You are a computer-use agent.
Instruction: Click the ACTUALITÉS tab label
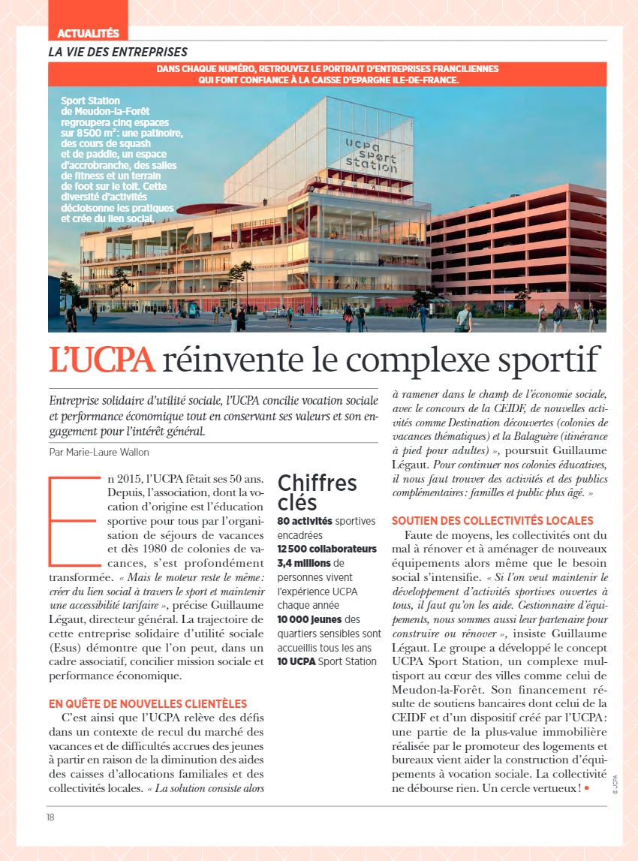[x=89, y=33]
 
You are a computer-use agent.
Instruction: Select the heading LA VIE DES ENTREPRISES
[x=118, y=52]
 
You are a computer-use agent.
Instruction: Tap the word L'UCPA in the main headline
[x=102, y=360]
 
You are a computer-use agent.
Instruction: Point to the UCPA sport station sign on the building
[x=372, y=154]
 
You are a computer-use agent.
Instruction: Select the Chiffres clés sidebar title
[x=317, y=492]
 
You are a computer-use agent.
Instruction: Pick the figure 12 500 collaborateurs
[x=327, y=549]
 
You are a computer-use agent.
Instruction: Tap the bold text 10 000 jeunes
[x=309, y=619]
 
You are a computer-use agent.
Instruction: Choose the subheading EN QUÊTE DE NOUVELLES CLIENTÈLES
[x=148, y=703]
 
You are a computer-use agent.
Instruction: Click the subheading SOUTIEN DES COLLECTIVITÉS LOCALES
[x=492, y=520]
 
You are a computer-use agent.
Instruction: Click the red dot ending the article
[x=586, y=787]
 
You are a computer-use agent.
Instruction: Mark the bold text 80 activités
[x=305, y=521]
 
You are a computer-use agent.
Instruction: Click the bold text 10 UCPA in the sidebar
[x=296, y=661]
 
